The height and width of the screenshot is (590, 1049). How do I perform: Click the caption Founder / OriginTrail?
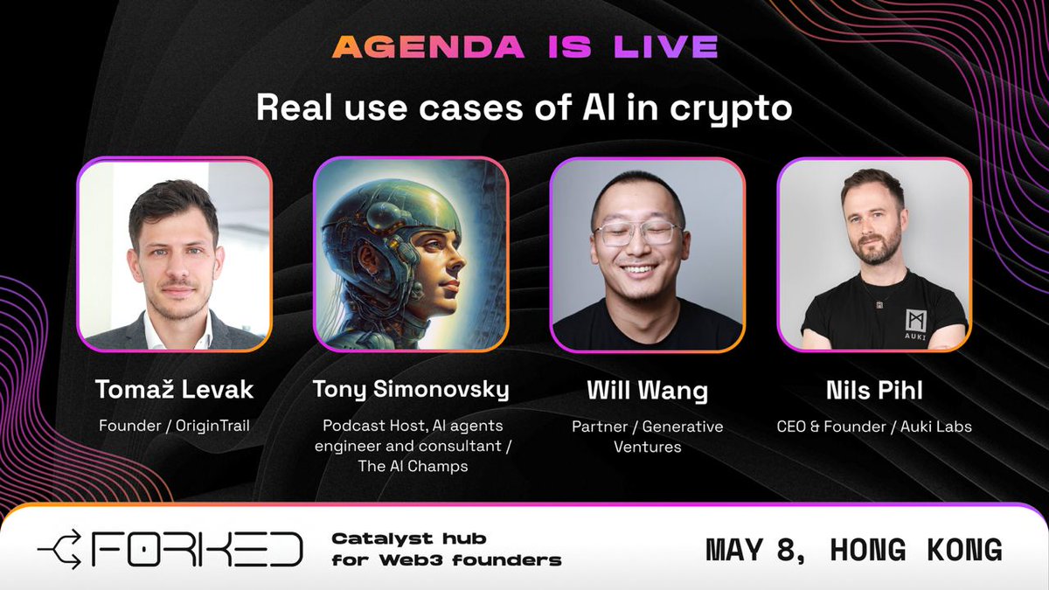point(175,427)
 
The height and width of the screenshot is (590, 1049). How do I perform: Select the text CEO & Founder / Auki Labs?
point(874,427)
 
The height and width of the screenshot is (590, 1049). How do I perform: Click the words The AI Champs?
point(413,467)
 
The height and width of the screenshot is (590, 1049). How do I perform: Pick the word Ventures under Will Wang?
point(647,447)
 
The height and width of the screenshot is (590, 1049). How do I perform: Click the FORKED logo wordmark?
point(198,549)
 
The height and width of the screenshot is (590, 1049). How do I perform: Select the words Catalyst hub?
point(408,538)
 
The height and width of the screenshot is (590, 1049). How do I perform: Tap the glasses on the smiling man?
point(636,233)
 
